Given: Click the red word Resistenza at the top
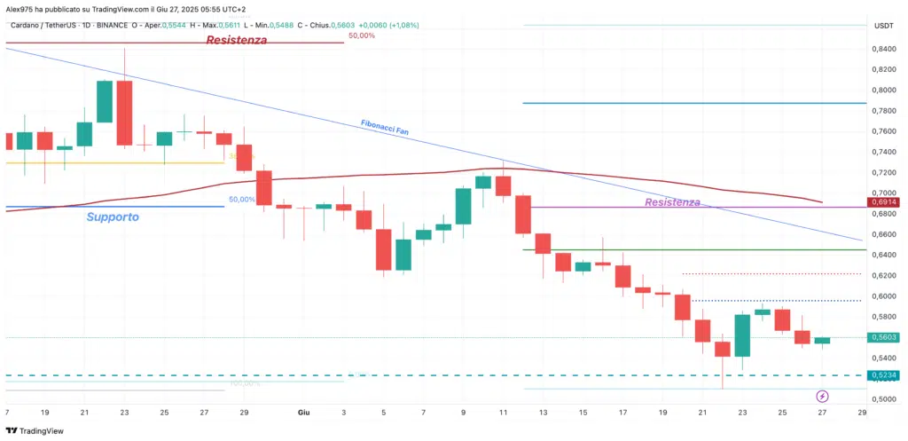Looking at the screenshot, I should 236,41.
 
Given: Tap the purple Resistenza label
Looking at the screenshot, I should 673,202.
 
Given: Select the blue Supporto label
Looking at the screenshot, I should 113,217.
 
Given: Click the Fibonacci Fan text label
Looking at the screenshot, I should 384,127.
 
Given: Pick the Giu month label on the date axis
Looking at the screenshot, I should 303,413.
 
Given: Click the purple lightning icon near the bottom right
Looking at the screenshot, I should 822,395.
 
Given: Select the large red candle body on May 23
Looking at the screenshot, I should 124,113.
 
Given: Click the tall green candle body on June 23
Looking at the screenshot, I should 742,335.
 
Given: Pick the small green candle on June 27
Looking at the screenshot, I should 823,341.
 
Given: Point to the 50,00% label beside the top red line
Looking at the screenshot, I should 360,36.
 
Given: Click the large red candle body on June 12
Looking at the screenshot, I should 522,215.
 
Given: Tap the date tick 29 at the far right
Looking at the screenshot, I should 861,413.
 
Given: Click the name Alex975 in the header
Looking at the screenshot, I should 20,8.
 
